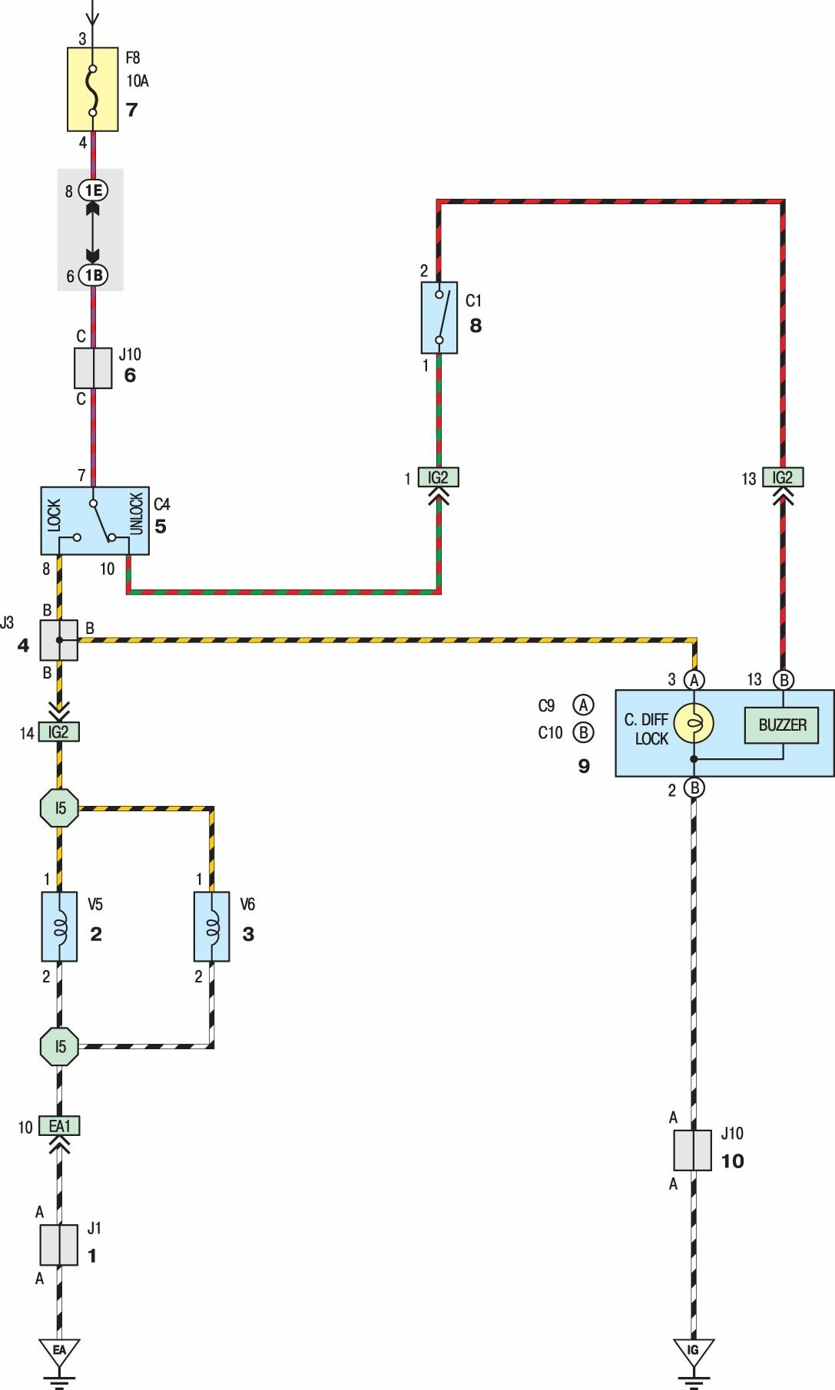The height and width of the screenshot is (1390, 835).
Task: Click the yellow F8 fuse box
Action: [92, 90]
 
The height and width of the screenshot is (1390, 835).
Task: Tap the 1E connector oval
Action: [93, 190]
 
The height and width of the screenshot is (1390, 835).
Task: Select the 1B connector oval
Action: [93, 276]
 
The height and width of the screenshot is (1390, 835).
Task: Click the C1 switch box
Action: [439, 318]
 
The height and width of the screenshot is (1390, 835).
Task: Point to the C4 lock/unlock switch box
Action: [94, 520]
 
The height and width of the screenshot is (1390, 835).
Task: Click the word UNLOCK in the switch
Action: [136, 513]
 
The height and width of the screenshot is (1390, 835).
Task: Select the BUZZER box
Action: [782, 725]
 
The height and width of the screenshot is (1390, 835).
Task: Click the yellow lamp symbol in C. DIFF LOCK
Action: [694, 724]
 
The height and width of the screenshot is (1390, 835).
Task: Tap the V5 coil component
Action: [59, 926]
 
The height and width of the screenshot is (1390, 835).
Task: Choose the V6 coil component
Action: [212, 926]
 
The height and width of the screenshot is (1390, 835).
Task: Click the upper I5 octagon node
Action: [59, 807]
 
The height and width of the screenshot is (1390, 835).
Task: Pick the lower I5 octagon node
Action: [59, 1046]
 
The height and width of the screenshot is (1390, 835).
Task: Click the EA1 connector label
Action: [59, 1126]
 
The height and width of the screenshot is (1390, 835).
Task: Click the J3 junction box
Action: [59, 640]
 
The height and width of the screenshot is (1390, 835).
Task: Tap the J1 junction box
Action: [59, 1245]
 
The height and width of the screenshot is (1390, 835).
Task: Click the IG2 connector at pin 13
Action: [783, 477]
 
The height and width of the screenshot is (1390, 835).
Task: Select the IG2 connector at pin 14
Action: [59, 732]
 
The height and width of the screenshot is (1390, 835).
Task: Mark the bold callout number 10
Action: [732, 1161]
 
